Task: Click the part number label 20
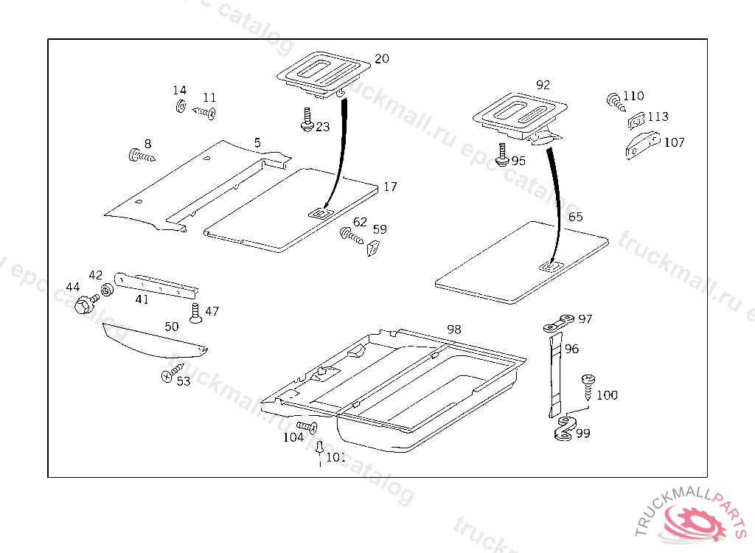[381, 59]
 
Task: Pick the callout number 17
[390, 187]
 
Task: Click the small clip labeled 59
[373, 247]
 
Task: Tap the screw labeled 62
[350, 236]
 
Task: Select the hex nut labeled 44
[83, 302]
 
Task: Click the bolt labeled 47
[195, 313]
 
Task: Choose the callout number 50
[171, 326]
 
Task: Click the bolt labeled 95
[501, 154]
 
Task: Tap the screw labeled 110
[613, 100]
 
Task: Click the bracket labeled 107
[642, 144]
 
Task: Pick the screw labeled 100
[588, 385]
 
